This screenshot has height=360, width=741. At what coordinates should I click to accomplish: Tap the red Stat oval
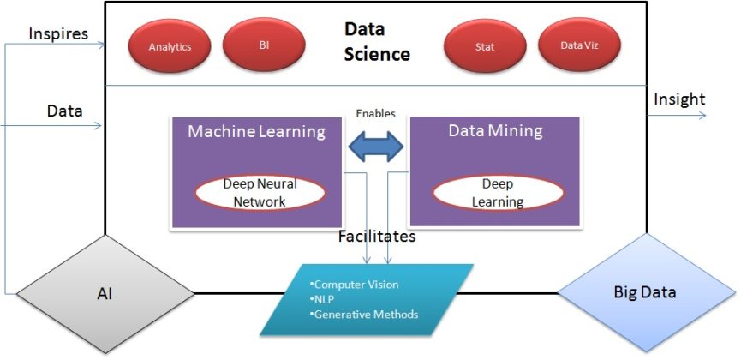(x=485, y=46)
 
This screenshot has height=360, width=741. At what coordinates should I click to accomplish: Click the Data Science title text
(x=377, y=42)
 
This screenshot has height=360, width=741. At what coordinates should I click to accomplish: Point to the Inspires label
(x=57, y=33)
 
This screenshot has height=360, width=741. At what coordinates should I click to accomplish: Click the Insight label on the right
(x=679, y=99)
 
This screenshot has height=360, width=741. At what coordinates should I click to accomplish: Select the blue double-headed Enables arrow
(x=377, y=146)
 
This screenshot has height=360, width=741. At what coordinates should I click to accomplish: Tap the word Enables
(x=376, y=113)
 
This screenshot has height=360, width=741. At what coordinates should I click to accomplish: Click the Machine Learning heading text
(x=256, y=131)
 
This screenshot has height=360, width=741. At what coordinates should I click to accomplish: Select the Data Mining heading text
(x=495, y=130)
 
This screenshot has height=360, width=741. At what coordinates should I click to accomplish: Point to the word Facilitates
(x=377, y=234)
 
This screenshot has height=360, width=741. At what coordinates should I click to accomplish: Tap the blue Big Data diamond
(x=645, y=292)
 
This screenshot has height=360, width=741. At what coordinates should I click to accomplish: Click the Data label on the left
(x=64, y=111)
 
